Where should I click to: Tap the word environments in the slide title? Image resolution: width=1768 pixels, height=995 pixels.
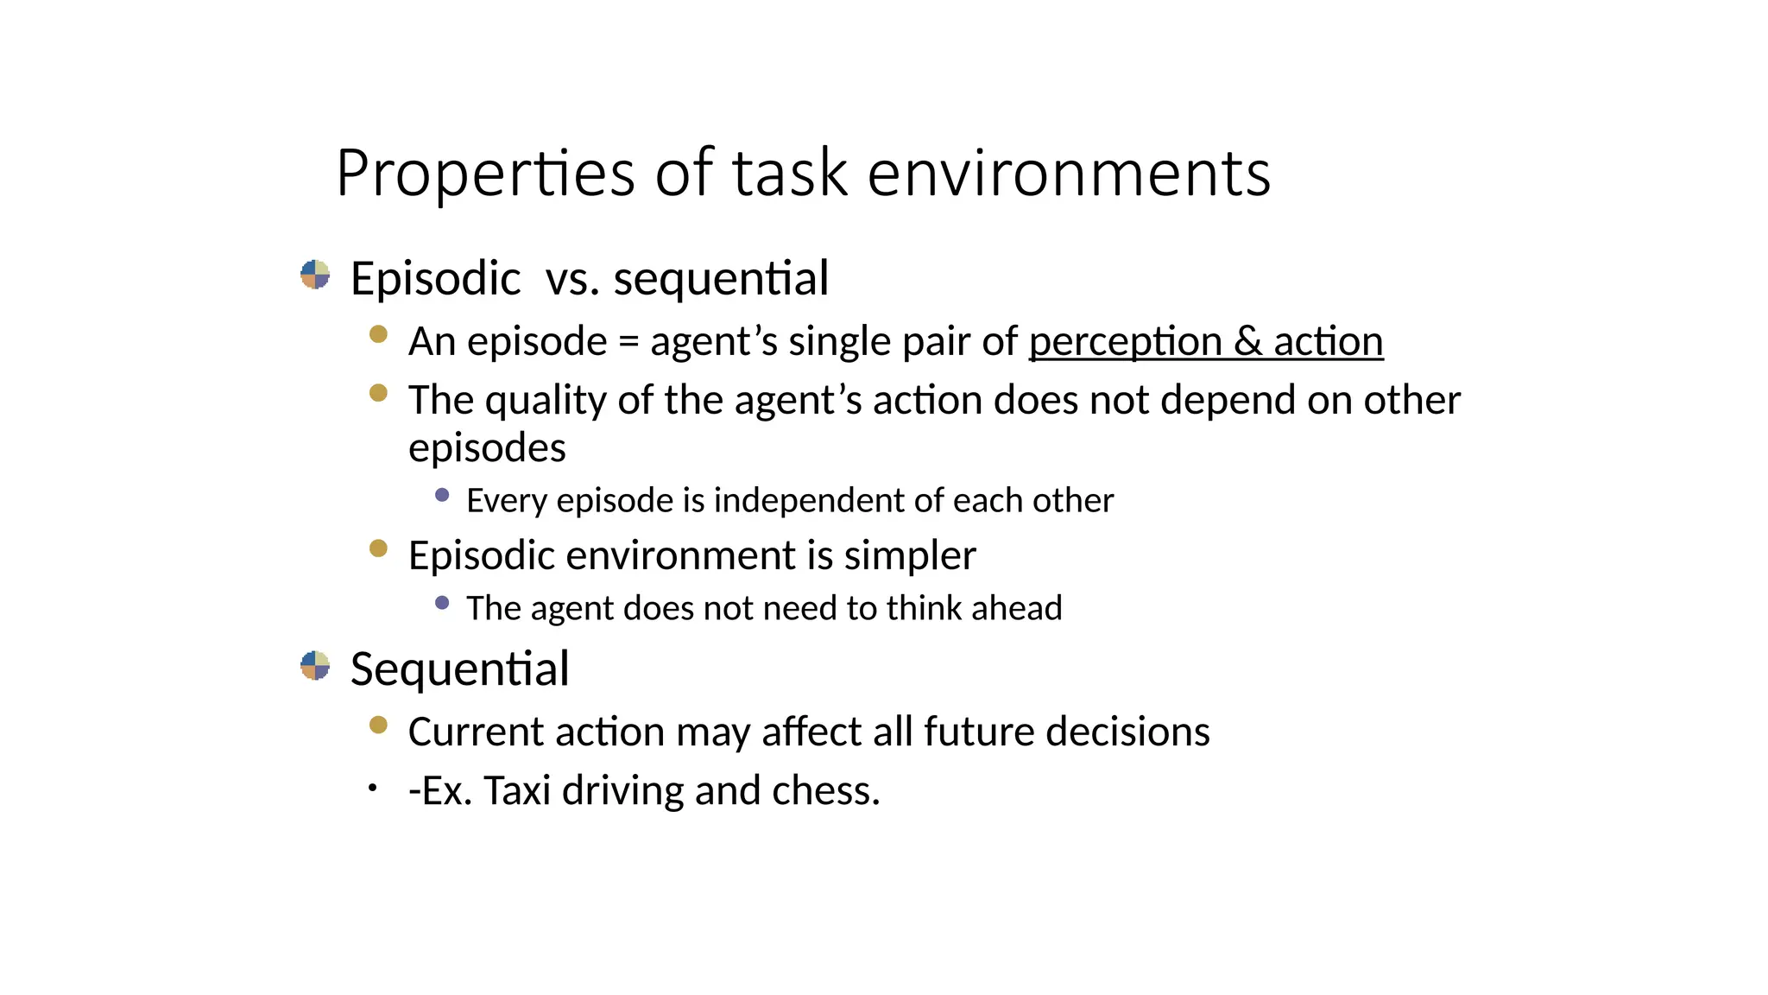[1068, 174]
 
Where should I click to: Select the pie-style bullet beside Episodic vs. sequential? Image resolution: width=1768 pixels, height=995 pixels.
[315, 275]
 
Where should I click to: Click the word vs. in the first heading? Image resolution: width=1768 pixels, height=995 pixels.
[572, 279]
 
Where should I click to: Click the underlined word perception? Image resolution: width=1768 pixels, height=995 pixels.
[1125, 342]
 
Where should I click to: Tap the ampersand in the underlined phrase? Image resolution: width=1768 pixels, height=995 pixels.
[1247, 342]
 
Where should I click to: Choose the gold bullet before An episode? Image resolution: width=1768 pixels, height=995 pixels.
[378, 334]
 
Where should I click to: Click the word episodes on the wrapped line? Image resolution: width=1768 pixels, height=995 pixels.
[487, 448]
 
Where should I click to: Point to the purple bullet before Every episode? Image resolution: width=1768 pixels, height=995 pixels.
[442, 495]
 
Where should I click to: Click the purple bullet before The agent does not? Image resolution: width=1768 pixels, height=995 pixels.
[442, 603]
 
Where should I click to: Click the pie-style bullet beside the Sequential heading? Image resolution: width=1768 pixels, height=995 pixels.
[315, 665]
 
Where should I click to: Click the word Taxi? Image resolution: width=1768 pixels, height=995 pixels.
[517, 791]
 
